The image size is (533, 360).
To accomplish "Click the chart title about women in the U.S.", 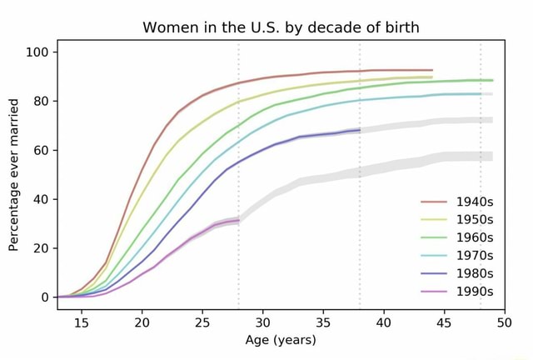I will (x=281, y=27).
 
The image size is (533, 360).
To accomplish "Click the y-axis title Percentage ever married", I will (x=13, y=174).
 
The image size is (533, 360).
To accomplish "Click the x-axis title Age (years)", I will (x=281, y=340).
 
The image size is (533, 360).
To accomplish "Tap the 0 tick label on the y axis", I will (x=47, y=297).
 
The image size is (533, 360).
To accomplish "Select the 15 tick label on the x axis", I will (x=82, y=322).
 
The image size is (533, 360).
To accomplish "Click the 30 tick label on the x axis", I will (x=263, y=322).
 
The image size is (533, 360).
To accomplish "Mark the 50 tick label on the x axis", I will (x=505, y=322).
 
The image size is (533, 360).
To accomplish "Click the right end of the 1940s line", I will (x=432, y=71).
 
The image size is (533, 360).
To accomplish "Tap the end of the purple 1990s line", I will (x=239, y=221).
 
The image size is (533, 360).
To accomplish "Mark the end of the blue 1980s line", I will (x=360, y=130).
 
